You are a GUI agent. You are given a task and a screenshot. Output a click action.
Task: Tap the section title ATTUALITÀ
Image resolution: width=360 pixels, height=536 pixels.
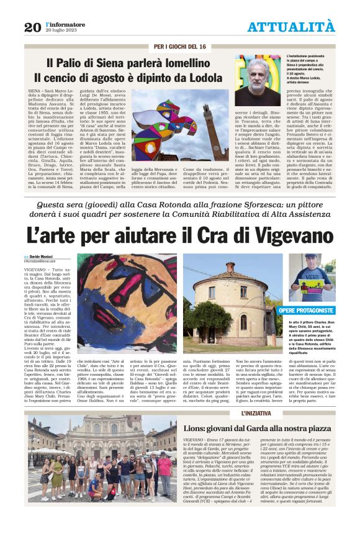point(290,27)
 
